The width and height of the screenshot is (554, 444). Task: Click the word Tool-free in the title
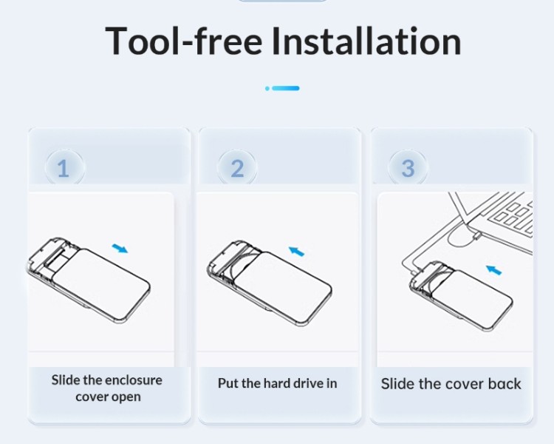(184, 41)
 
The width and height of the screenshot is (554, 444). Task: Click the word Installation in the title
(366, 41)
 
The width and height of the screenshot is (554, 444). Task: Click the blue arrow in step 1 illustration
(120, 248)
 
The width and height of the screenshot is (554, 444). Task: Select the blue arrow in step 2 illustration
(296, 251)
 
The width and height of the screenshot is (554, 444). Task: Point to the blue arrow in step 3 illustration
(493, 270)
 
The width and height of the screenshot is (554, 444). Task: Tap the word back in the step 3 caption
(505, 384)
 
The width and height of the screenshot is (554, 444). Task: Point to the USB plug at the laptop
(477, 236)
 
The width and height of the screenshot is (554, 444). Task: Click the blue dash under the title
(285, 88)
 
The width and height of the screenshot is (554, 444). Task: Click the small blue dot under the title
(267, 88)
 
